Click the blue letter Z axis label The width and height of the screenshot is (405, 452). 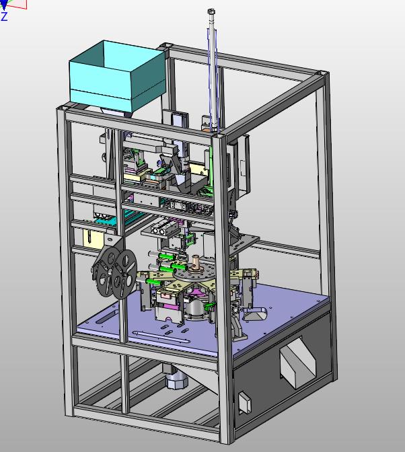click(x=4, y=16)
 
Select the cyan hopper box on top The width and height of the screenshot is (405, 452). click(x=118, y=76)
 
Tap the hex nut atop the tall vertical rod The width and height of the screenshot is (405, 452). click(x=211, y=12)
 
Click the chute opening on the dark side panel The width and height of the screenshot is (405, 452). click(x=298, y=362)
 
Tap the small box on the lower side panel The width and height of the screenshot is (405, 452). click(x=245, y=402)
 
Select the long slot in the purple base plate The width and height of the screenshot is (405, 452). click(x=161, y=337)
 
